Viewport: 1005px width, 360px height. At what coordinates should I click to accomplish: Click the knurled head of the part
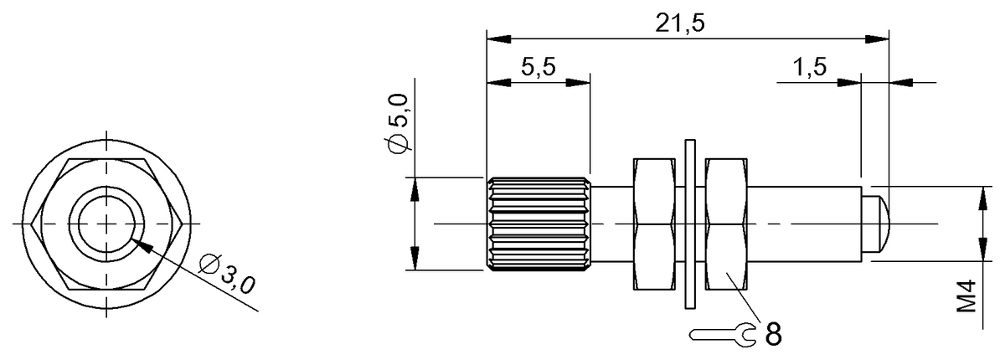pyautogui.click(x=538, y=224)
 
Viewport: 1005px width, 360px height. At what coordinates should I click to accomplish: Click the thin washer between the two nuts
pyautogui.click(x=690, y=224)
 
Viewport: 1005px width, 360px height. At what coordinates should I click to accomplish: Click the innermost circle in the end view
pyautogui.click(x=106, y=224)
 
